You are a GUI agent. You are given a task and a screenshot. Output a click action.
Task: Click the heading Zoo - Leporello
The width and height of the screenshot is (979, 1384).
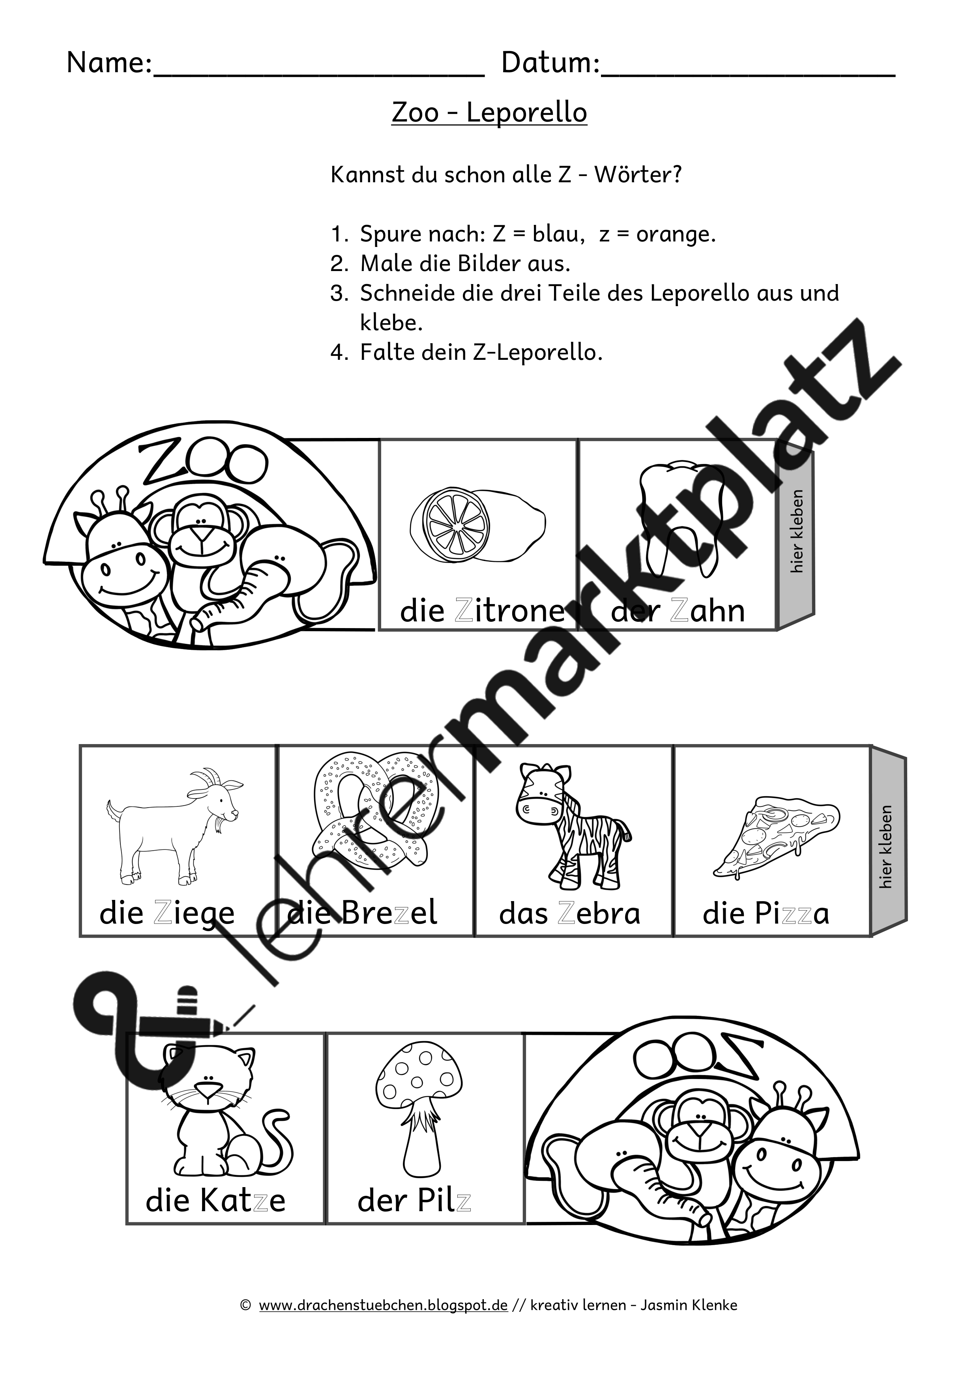(489, 113)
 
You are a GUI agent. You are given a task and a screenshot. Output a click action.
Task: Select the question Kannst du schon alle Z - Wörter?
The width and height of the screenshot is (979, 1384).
(506, 175)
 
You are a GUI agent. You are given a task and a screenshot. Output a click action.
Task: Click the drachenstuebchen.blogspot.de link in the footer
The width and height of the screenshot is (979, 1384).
(384, 1305)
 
